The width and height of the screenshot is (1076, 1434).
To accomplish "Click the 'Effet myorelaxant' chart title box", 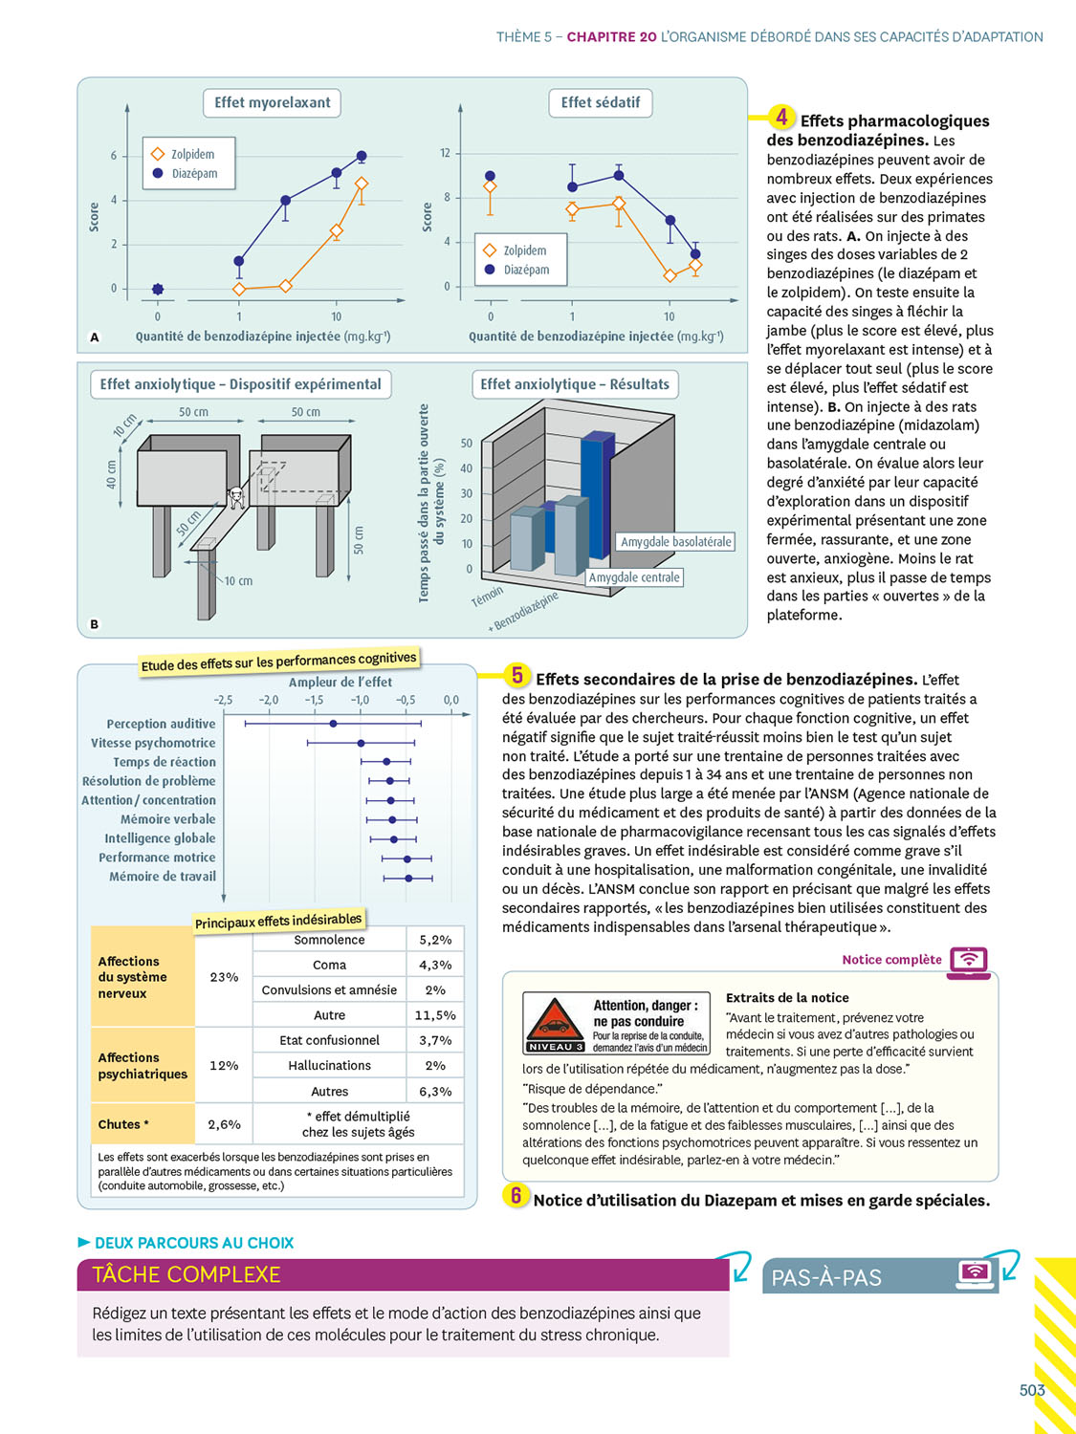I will pyautogui.click(x=272, y=102).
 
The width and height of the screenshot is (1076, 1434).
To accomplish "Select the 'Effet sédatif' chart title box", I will pyautogui.click(x=600, y=102).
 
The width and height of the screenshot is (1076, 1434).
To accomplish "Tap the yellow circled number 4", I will pyautogui.click(x=781, y=118).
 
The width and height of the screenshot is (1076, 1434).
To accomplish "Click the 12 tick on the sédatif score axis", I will pyautogui.click(x=445, y=153).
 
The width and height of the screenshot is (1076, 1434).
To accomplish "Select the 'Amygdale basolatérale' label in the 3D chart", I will pyautogui.click(x=675, y=542).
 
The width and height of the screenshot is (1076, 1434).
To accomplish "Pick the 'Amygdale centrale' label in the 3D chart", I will pyautogui.click(x=634, y=577).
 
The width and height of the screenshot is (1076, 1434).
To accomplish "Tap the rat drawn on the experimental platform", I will pyautogui.click(x=236, y=496).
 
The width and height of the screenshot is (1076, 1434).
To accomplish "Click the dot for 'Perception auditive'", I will pyautogui.click(x=333, y=724).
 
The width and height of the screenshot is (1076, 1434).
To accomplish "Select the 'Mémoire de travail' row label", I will pyautogui.click(x=162, y=877).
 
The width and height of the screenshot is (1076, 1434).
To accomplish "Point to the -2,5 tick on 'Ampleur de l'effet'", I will pyautogui.click(x=223, y=700).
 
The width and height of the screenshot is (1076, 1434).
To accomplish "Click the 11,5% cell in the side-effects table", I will pyautogui.click(x=435, y=1015).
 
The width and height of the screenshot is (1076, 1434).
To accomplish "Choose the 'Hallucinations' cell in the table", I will pyautogui.click(x=329, y=1065).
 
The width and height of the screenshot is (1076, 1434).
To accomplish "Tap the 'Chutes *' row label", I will pyautogui.click(x=123, y=1124).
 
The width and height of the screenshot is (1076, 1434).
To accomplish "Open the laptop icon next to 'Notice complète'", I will pyautogui.click(x=969, y=960).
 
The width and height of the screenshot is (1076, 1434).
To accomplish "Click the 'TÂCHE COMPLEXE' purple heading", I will pyautogui.click(x=187, y=1274).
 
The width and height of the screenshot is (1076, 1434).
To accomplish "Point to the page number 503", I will pyautogui.click(x=1032, y=1390).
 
